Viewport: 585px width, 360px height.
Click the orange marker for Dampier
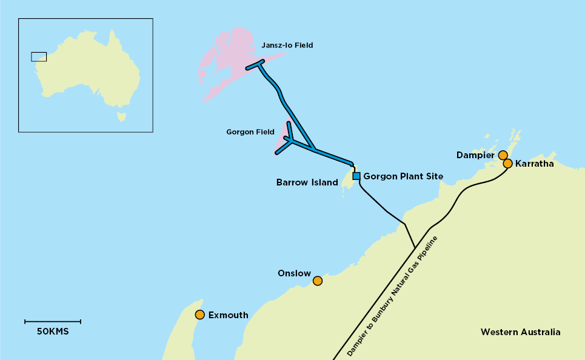(503, 155)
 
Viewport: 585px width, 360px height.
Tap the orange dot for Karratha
(508, 163)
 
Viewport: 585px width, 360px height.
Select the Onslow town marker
(317, 281)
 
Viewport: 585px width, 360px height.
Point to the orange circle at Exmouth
(199, 315)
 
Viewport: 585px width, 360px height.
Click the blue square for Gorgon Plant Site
(356, 176)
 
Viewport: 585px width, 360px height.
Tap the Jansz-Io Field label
(287, 45)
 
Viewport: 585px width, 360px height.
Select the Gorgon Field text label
(250, 132)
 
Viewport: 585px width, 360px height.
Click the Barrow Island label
(307, 182)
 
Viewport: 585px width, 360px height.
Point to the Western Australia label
(520, 332)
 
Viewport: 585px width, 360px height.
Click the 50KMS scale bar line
(53, 321)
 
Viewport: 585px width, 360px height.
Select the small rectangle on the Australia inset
(39, 56)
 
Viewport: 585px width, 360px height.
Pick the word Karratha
(534, 164)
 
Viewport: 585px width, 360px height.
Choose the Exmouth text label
(228, 315)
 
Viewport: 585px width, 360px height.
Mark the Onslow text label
(294, 273)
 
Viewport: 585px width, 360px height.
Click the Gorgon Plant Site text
(403, 176)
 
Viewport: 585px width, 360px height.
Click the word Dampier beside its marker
(476, 156)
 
